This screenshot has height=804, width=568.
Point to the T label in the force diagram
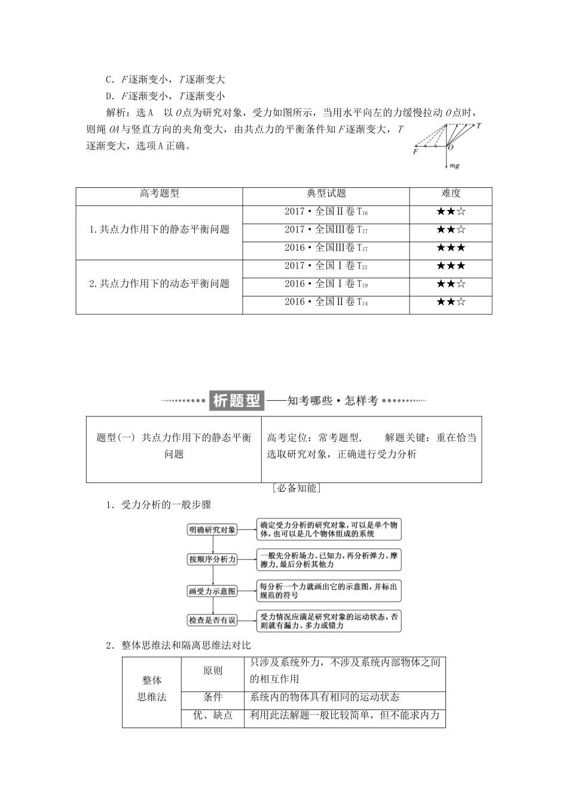(479, 126)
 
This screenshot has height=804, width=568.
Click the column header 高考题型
(159, 193)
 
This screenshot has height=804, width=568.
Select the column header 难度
(451, 193)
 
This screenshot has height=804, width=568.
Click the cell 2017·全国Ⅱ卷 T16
(326, 212)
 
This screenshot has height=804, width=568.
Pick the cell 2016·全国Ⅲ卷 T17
(326, 248)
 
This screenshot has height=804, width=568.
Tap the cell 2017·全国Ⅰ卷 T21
(326, 266)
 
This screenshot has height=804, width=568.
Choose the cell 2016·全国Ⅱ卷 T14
(326, 302)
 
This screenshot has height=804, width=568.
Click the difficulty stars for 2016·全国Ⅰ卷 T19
(451, 284)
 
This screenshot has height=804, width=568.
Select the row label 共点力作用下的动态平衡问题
(159, 284)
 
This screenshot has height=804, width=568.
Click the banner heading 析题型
(237, 401)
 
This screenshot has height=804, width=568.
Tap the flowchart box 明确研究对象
(213, 529)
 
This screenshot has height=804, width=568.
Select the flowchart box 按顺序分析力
(213, 559)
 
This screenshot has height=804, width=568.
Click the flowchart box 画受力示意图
(213, 591)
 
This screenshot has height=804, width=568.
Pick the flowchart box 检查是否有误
(213, 621)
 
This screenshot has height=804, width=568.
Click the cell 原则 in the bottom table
(213, 671)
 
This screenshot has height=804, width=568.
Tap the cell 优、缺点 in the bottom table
(213, 715)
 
